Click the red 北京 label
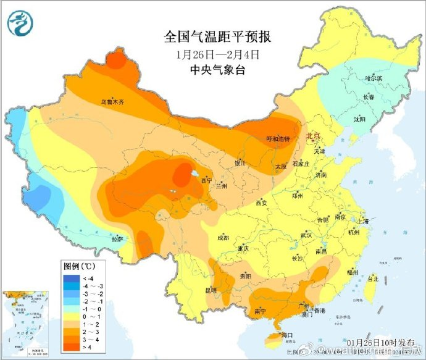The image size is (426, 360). point(314,136)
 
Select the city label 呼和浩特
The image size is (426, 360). point(277,140)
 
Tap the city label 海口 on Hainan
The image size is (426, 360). point(286,335)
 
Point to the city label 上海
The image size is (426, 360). point(365,221)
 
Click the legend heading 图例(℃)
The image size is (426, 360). point(79,266)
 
